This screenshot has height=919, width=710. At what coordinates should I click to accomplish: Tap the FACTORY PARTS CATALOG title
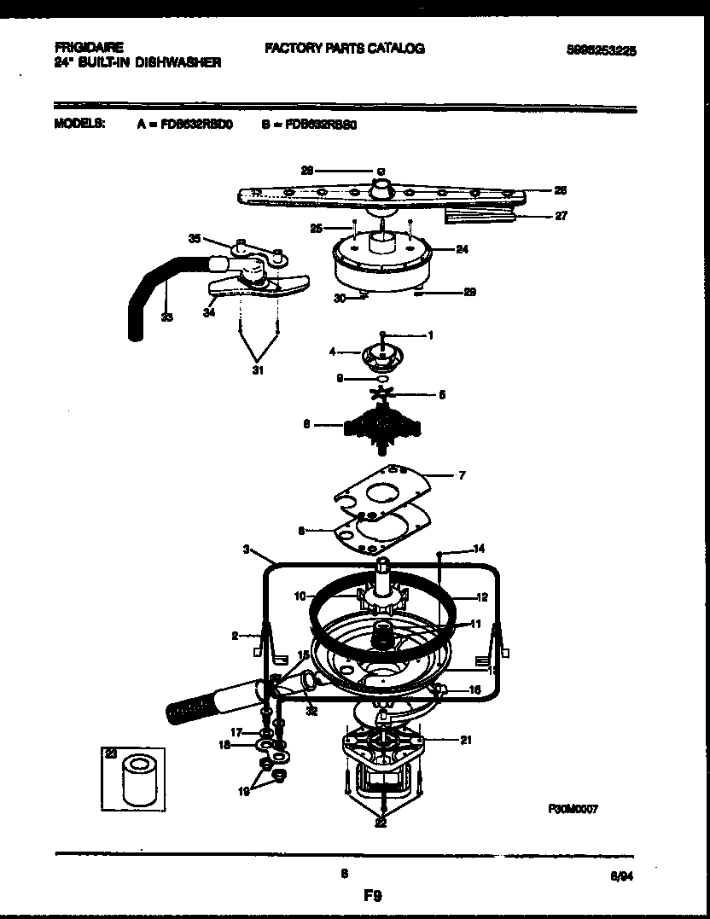(x=344, y=49)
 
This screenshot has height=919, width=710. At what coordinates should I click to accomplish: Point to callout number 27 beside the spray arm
(x=561, y=216)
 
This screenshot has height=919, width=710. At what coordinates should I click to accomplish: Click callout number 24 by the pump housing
(x=463, y=250)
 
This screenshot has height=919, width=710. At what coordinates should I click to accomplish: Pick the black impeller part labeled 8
(x=380, y=423)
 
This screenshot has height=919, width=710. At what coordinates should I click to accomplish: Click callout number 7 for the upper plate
(x=462, y=475)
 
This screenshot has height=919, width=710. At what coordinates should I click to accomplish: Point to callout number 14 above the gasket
(x=479, y=549)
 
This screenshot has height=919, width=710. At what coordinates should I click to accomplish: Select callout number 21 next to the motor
(x=465, y=740)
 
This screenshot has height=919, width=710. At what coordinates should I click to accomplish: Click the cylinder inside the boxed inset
(x=136, y=778)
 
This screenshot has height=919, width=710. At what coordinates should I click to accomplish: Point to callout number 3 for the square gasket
(x=246, y=550)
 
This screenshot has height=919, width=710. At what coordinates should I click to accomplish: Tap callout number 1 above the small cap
(x=430, y=335)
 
